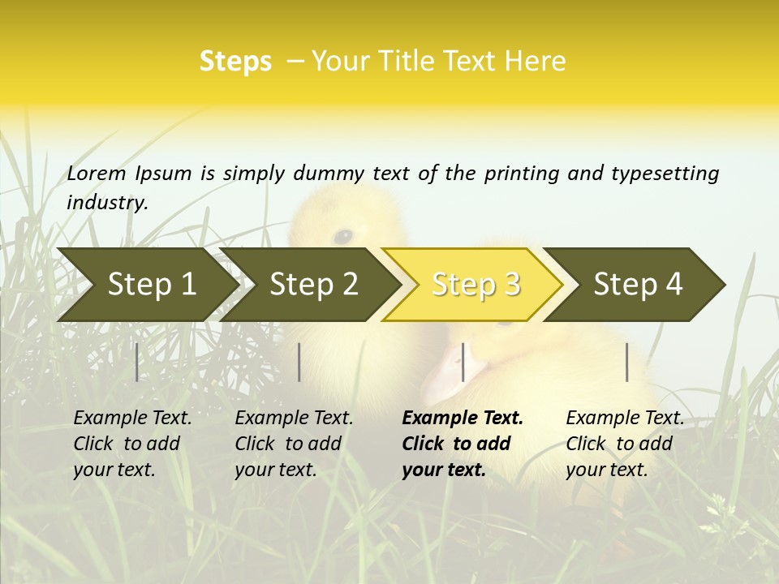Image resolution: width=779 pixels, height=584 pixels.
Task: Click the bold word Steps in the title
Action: tap(235, 62)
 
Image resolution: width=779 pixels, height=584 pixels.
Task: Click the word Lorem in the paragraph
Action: tap(97, 173)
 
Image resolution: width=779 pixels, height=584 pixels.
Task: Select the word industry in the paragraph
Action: tap(107, 202)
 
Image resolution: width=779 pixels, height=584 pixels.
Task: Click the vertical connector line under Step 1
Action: tap(136, 362)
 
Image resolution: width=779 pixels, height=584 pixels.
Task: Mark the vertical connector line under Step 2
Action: tap(299, 362)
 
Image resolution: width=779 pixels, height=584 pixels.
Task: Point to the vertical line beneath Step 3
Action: tap(463, 362)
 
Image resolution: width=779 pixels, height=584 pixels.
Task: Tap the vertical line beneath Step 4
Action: tap(627, 362)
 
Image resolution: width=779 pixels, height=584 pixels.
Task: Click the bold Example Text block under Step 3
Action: tap(463, 444)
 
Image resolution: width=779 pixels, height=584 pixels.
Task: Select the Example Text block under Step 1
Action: tap(132, 444)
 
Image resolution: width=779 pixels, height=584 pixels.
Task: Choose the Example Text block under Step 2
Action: tap(294, 444)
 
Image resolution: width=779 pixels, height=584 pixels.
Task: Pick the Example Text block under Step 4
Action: tap(625, 444)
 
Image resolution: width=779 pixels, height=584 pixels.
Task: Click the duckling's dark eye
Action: tap(343, 236)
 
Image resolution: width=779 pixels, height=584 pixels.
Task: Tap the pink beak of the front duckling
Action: tap(444, 375)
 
